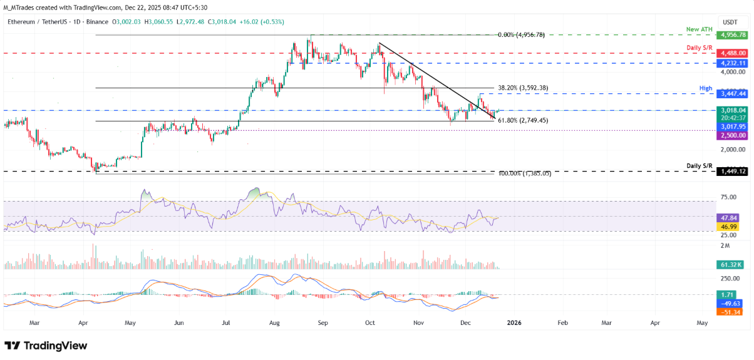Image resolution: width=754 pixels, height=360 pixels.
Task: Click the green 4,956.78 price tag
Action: point(734,35)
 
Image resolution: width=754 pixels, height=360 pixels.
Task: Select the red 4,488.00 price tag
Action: point(734,54)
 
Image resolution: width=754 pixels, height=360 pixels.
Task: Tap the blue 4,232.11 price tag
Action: point(734,63)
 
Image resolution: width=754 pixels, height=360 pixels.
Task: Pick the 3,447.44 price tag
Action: point(734,93)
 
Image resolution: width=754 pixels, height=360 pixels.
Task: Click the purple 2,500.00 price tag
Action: point(734,135)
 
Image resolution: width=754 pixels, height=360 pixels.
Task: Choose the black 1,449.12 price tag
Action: point(734,171)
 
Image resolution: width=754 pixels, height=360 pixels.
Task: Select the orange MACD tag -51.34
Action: point(731,311)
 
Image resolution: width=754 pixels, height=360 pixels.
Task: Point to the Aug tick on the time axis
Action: point(274,323)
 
